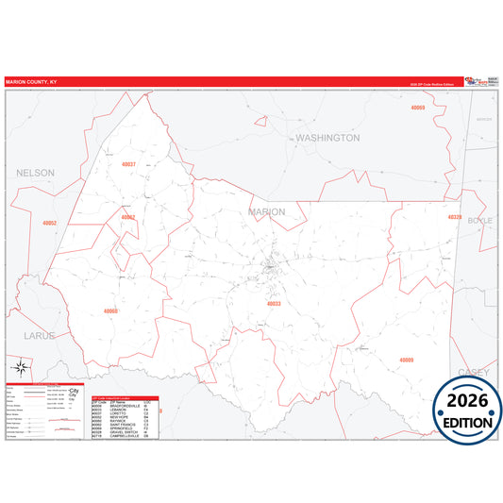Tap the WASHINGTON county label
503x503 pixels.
(x=327, y=138)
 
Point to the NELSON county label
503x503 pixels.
(x=36, y=174)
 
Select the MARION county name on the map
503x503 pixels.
(x=265, y=212)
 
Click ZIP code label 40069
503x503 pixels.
(x=418, y=109)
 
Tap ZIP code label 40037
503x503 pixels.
(x=129, y=164)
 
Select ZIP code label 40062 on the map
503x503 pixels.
(x=128, y=217)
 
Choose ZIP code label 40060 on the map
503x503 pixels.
(x=111, y=310)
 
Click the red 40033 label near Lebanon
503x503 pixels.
(x=274, y=304)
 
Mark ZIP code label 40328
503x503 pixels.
(x=455, y=217)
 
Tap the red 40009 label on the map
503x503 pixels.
(x=406, y=360)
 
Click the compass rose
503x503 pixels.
(x=19, y=367)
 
